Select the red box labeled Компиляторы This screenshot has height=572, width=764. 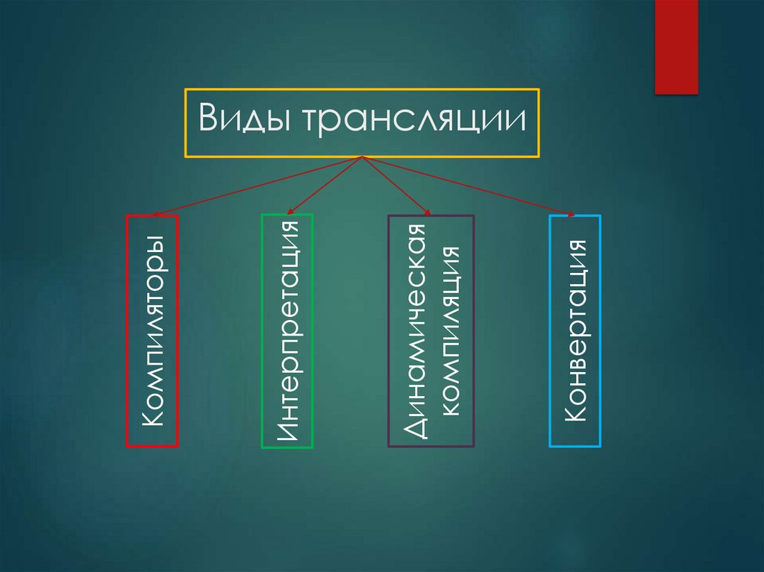[152, 331]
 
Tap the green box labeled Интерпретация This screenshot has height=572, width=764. [287, 331]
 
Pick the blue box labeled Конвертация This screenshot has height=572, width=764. [575, 331]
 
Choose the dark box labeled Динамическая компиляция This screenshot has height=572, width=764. [431, 331]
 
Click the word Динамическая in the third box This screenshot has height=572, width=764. [415, 331]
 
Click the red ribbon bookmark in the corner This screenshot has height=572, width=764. [676, 46]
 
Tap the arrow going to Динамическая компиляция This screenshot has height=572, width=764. [395, 185]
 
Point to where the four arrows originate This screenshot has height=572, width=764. [362, 157]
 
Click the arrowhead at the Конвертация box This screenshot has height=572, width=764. [571, 214]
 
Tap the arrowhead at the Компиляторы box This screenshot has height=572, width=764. [154, 215]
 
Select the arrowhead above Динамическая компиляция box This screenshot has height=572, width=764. [428, 213]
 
